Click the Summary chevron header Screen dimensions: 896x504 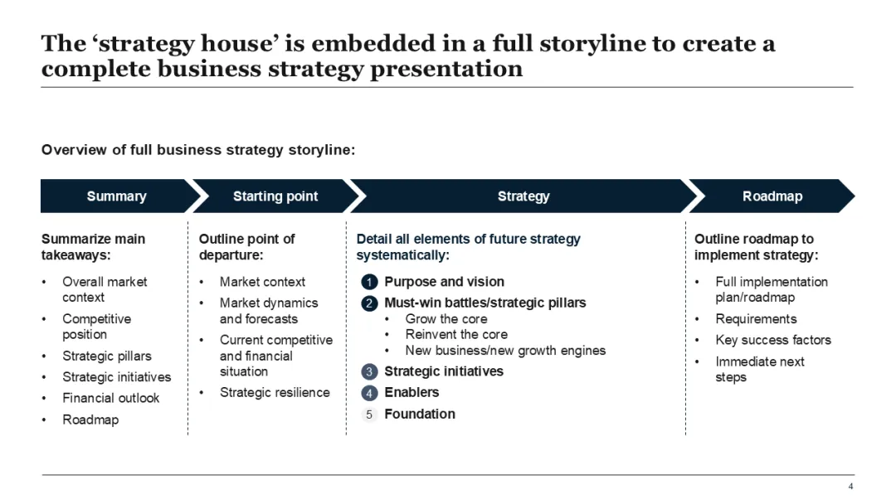click(x=116, y=196)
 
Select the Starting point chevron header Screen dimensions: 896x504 click(x=275, y=196)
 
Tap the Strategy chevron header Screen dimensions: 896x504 click(x=523, y=196)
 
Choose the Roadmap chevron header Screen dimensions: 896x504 click(x=772, y=196)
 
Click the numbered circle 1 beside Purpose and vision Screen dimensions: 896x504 click(x=370, y=283)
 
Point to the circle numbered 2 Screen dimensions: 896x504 click(x=370, y=303)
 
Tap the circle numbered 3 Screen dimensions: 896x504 click(x=370, y=372)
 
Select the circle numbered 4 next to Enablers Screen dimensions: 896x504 click(x=370, y=393)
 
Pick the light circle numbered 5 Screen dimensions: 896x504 click(x=370, y=414)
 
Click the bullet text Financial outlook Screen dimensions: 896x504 click(x=111, y=398)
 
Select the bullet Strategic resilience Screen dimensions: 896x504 click(x=275, y=392)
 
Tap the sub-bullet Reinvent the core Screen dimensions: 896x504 click(x=456, y=334)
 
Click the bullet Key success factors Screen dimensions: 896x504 click(x=772, y=340)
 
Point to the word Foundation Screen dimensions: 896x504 click(x=420, y=414)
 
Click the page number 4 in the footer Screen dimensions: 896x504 click(x=850, y=487)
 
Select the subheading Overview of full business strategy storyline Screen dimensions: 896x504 click(x=198, y=150)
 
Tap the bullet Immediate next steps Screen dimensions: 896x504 click(x=760, y=369)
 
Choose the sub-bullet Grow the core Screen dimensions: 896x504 click(x=446, y=318)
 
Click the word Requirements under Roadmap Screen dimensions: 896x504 click(x=756, y=318)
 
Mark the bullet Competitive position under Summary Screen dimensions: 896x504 click(x=96, y=327)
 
